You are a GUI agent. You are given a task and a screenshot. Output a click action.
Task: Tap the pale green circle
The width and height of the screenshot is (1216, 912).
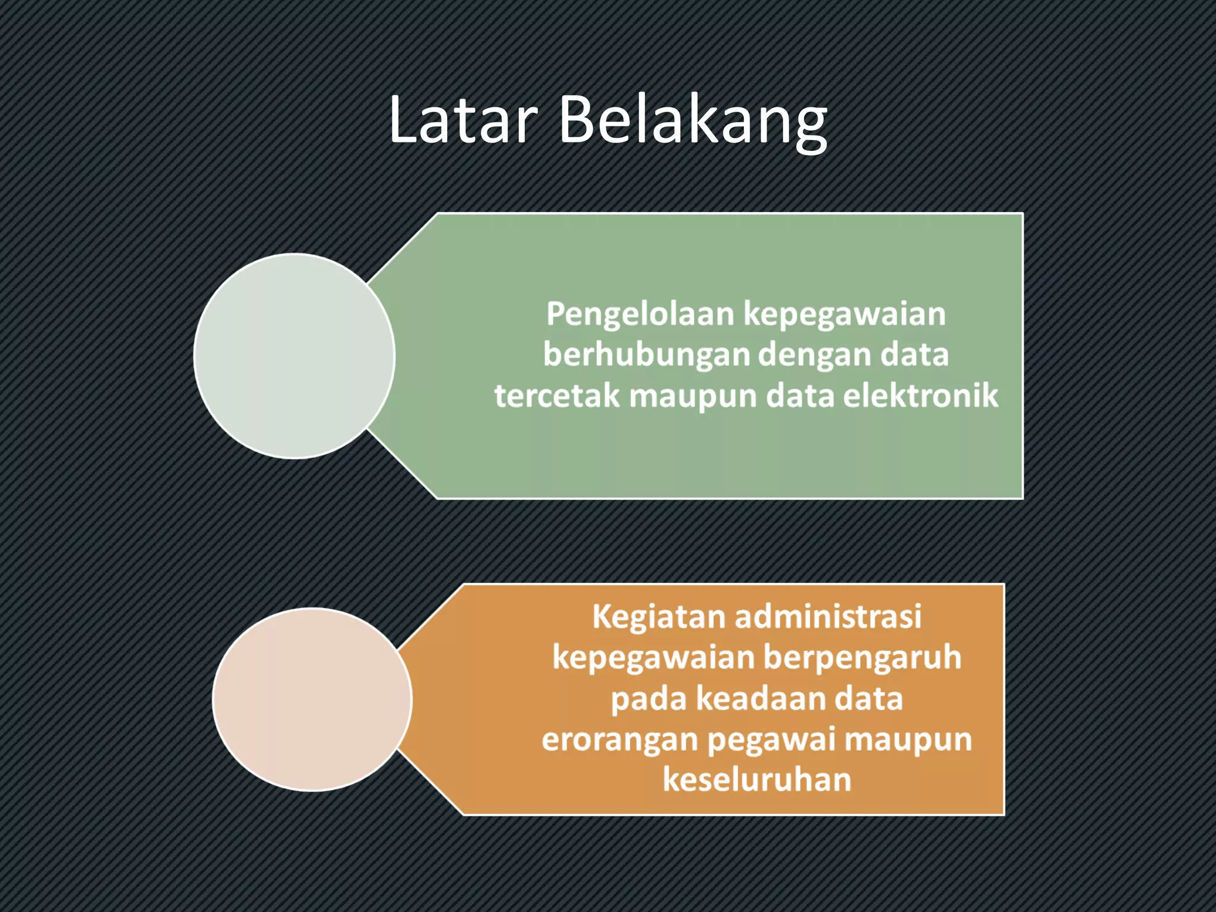click(294, 356)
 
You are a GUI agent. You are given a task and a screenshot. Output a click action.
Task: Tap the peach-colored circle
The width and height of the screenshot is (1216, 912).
click(312, 699)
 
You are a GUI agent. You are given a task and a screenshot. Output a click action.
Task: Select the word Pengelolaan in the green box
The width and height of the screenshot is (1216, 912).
click(640, 314)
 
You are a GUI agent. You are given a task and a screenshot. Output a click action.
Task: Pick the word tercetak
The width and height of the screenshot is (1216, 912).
click(557, 396)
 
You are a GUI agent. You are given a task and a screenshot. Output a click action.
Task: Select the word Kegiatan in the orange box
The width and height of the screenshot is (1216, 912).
click(658, 617)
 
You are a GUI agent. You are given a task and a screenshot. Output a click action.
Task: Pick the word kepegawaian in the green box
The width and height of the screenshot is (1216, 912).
click(845, 314)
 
